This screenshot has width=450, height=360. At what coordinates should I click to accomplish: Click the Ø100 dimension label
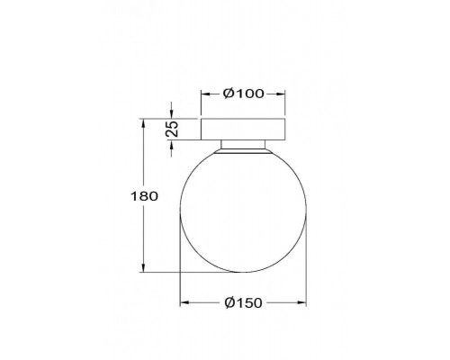click(x=244, y=94)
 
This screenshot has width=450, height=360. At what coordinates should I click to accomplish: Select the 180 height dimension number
click(x=144, y=196)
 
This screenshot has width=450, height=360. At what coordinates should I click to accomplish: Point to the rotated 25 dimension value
click(x=172, y=129)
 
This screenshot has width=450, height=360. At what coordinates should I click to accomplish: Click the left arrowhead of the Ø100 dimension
click(x=205, y=94)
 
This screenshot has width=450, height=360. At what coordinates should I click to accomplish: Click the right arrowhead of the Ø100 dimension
click(x=281, y=94)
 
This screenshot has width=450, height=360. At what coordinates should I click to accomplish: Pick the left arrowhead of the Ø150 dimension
click(x=184, y=302)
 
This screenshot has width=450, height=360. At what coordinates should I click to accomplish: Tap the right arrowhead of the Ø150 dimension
click(x=302, y=302)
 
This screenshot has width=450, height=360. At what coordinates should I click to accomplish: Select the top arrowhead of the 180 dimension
click(x=143, y=123)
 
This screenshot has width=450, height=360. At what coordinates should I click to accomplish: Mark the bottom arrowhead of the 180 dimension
click(x=143, y=268)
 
